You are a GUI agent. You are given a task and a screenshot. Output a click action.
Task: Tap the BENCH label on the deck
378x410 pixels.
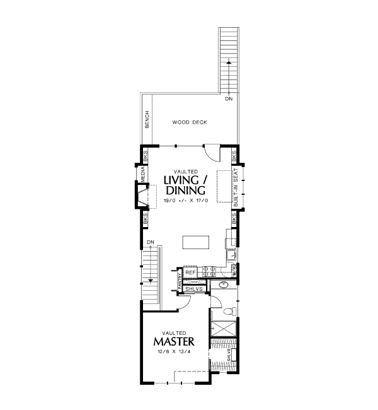click(147, 119)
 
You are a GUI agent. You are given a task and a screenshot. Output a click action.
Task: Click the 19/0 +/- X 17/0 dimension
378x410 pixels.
click(185, 200)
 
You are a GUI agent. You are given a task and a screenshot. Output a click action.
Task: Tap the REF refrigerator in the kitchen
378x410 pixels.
click(191, 272)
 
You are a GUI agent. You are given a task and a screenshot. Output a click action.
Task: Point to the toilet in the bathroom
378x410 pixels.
click(229, 312)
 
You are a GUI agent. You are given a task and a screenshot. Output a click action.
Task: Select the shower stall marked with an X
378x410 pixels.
click(221, 328)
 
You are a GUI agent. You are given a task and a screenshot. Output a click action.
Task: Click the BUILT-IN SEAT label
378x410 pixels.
click(236, 187)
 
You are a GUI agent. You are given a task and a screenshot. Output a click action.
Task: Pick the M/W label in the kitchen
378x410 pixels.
click(233, 271)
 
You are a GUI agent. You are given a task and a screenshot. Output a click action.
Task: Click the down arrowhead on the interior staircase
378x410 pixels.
click(151, 280)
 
